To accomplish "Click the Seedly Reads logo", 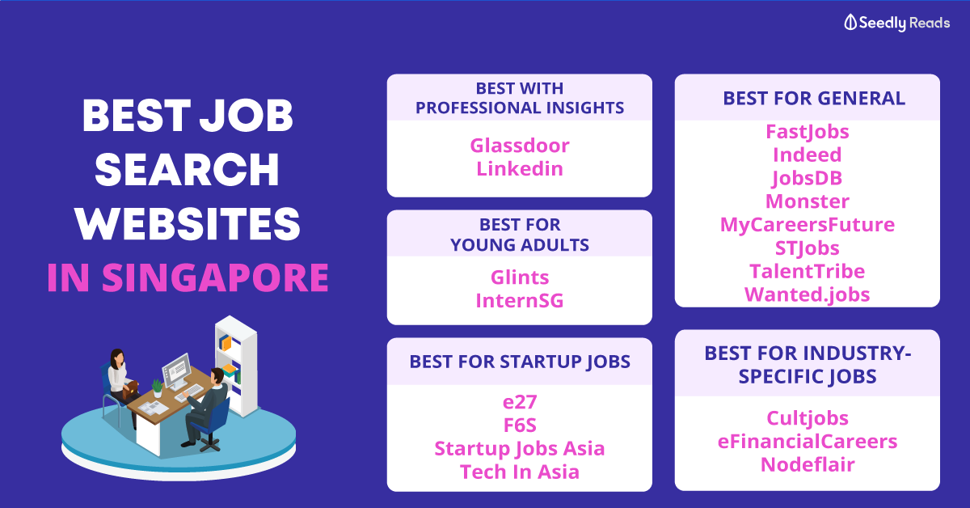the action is click(x=896, y=23).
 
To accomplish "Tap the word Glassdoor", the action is click(x=520, y=146).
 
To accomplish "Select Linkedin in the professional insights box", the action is click(x=520, y=168).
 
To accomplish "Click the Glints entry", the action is click(x=520, y=277).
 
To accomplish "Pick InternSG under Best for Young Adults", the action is click(x=520, y=301).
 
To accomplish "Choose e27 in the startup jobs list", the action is click(x=520, y=402).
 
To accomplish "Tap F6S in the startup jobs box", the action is click(x=520, y=425).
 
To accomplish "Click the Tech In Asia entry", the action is click(x=520, y=472).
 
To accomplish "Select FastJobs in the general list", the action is click(x=808, y=132).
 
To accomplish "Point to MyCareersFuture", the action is click(x=808, y=225).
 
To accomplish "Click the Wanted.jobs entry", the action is click(x=808, y=294).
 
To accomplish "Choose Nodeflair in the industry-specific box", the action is click(x=808, y=464).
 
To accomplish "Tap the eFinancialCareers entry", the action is click(x=808, y=442).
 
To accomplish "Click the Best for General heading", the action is click(x=814, y=99).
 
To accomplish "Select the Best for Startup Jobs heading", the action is click(x=520, y=362).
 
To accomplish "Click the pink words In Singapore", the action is click(x=188, y=277).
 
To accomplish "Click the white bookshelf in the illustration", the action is click(x=237, y=366).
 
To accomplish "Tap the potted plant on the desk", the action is click(x=157, y=388).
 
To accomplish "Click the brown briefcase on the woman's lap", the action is click(x=130, y=390).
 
